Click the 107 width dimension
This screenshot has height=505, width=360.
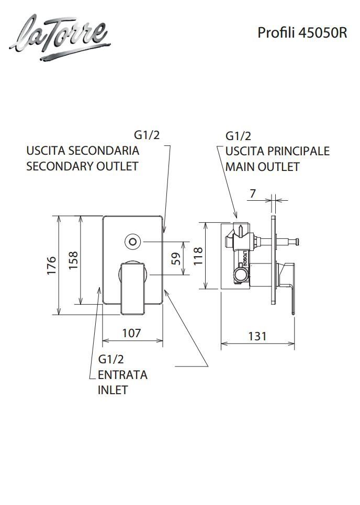[x=131, y=332]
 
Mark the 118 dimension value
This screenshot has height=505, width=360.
[x=198, y=256]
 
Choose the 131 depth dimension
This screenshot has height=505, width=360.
[x=256, y=336]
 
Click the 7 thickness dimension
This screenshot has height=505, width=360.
[x=253, y=193]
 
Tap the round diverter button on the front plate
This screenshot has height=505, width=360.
[x=133, y=242]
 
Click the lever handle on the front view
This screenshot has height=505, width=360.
[x=132, y=288]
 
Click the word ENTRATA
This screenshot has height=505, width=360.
[x=122, y=375]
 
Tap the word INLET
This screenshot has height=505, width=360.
[x=113, y=390]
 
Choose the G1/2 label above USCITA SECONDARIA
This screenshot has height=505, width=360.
[x=147, y=135]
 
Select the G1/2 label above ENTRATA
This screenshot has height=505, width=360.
[x=111, y=359]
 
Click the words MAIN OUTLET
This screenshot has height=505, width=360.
[x=262, y=167]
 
